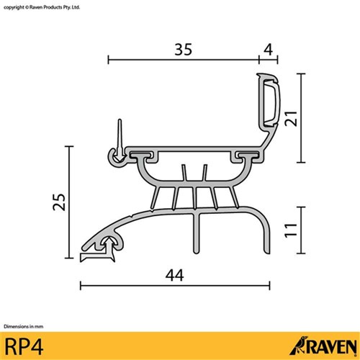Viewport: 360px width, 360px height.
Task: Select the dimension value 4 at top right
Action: [x=269, y=50]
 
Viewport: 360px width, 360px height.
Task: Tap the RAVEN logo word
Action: [x=328, y=344]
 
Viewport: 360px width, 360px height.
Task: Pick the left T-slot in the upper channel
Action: [x=146, y=155]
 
